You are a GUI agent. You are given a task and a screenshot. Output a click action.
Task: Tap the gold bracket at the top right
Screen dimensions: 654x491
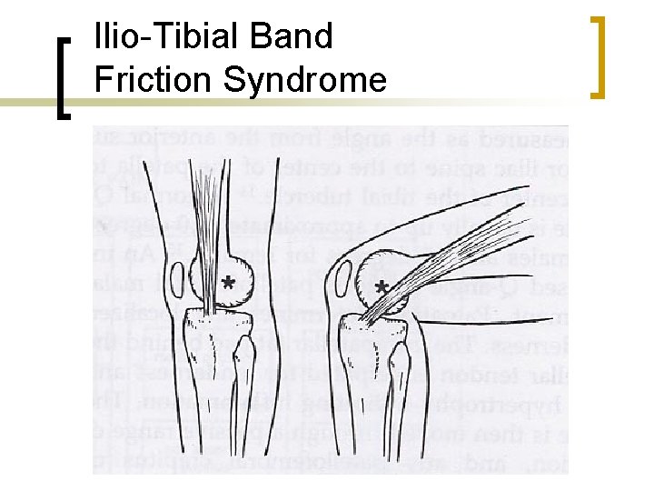[x=598, y=56]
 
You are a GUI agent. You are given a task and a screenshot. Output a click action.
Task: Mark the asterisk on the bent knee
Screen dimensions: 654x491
[x=382, y=289]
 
